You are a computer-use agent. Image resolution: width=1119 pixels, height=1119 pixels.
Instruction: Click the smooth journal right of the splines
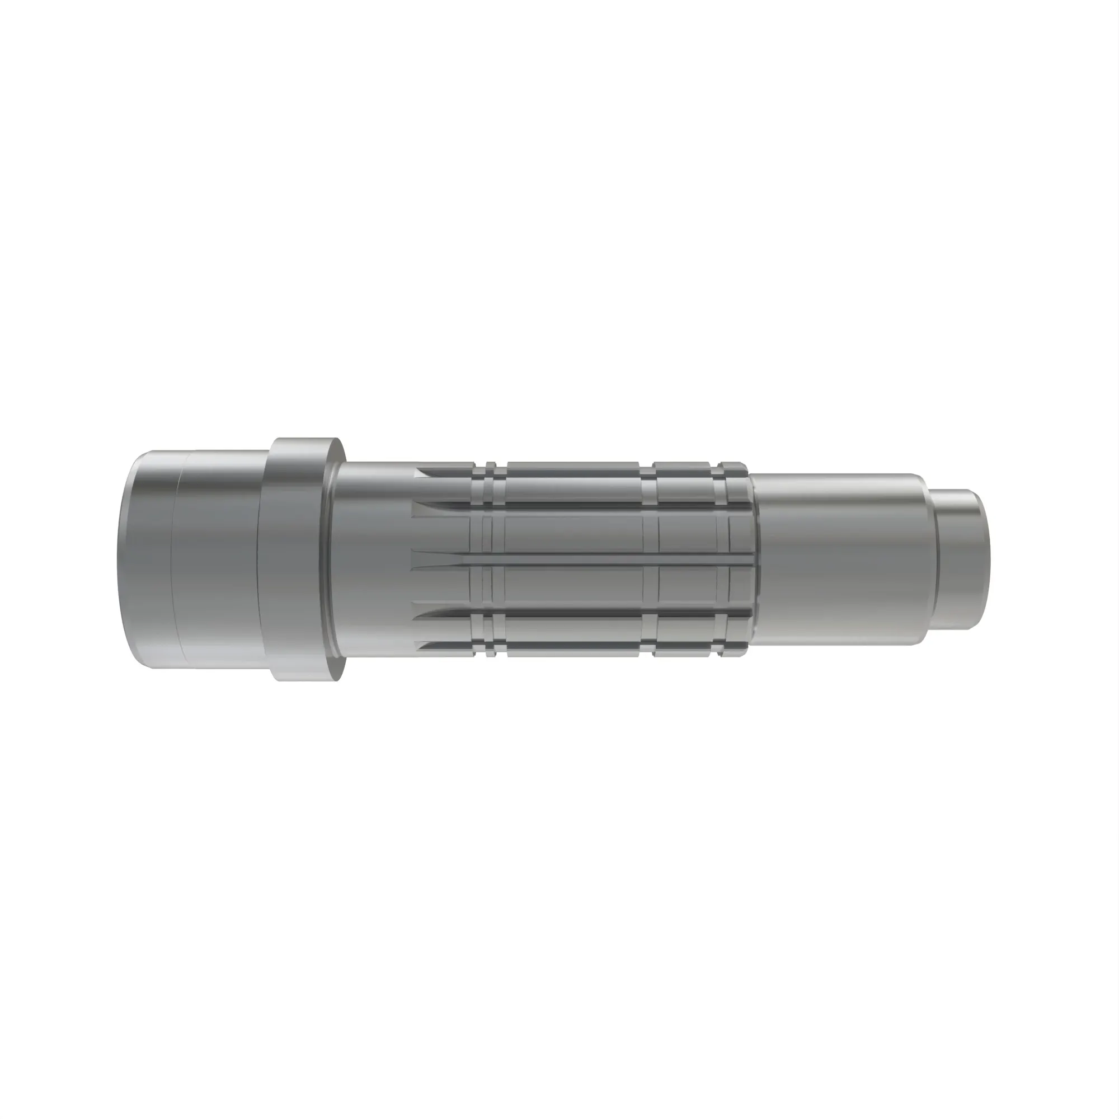840,559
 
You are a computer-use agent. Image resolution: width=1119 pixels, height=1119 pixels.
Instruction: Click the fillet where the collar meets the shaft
332,559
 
